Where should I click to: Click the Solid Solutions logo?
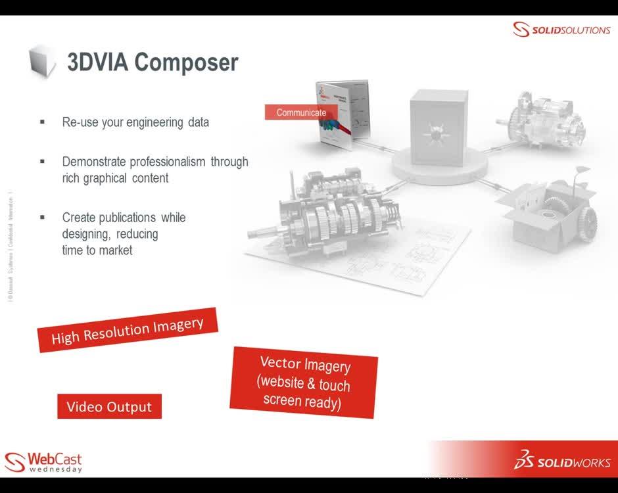click(561, 30)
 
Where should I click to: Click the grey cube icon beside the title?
click(43, 62)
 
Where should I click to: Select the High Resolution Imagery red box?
click(128, 330)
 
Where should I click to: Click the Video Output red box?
click(109, 407)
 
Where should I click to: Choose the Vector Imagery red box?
click(304, 383)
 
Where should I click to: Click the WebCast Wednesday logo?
click(43, 461)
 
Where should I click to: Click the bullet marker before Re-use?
click(43, 122)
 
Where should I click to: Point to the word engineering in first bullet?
click(156, 122)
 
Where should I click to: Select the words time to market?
click(97, 250)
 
